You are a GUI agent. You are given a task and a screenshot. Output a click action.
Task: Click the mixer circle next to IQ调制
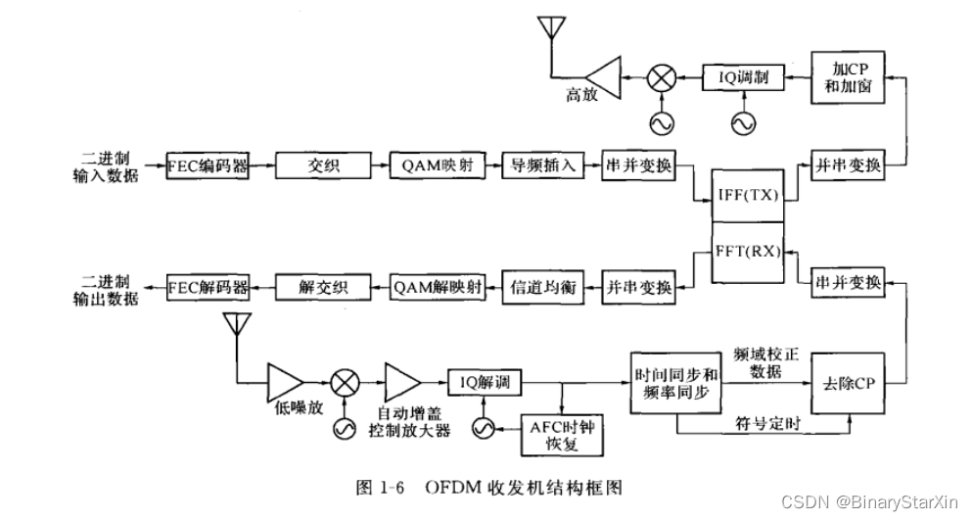point(664,76)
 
